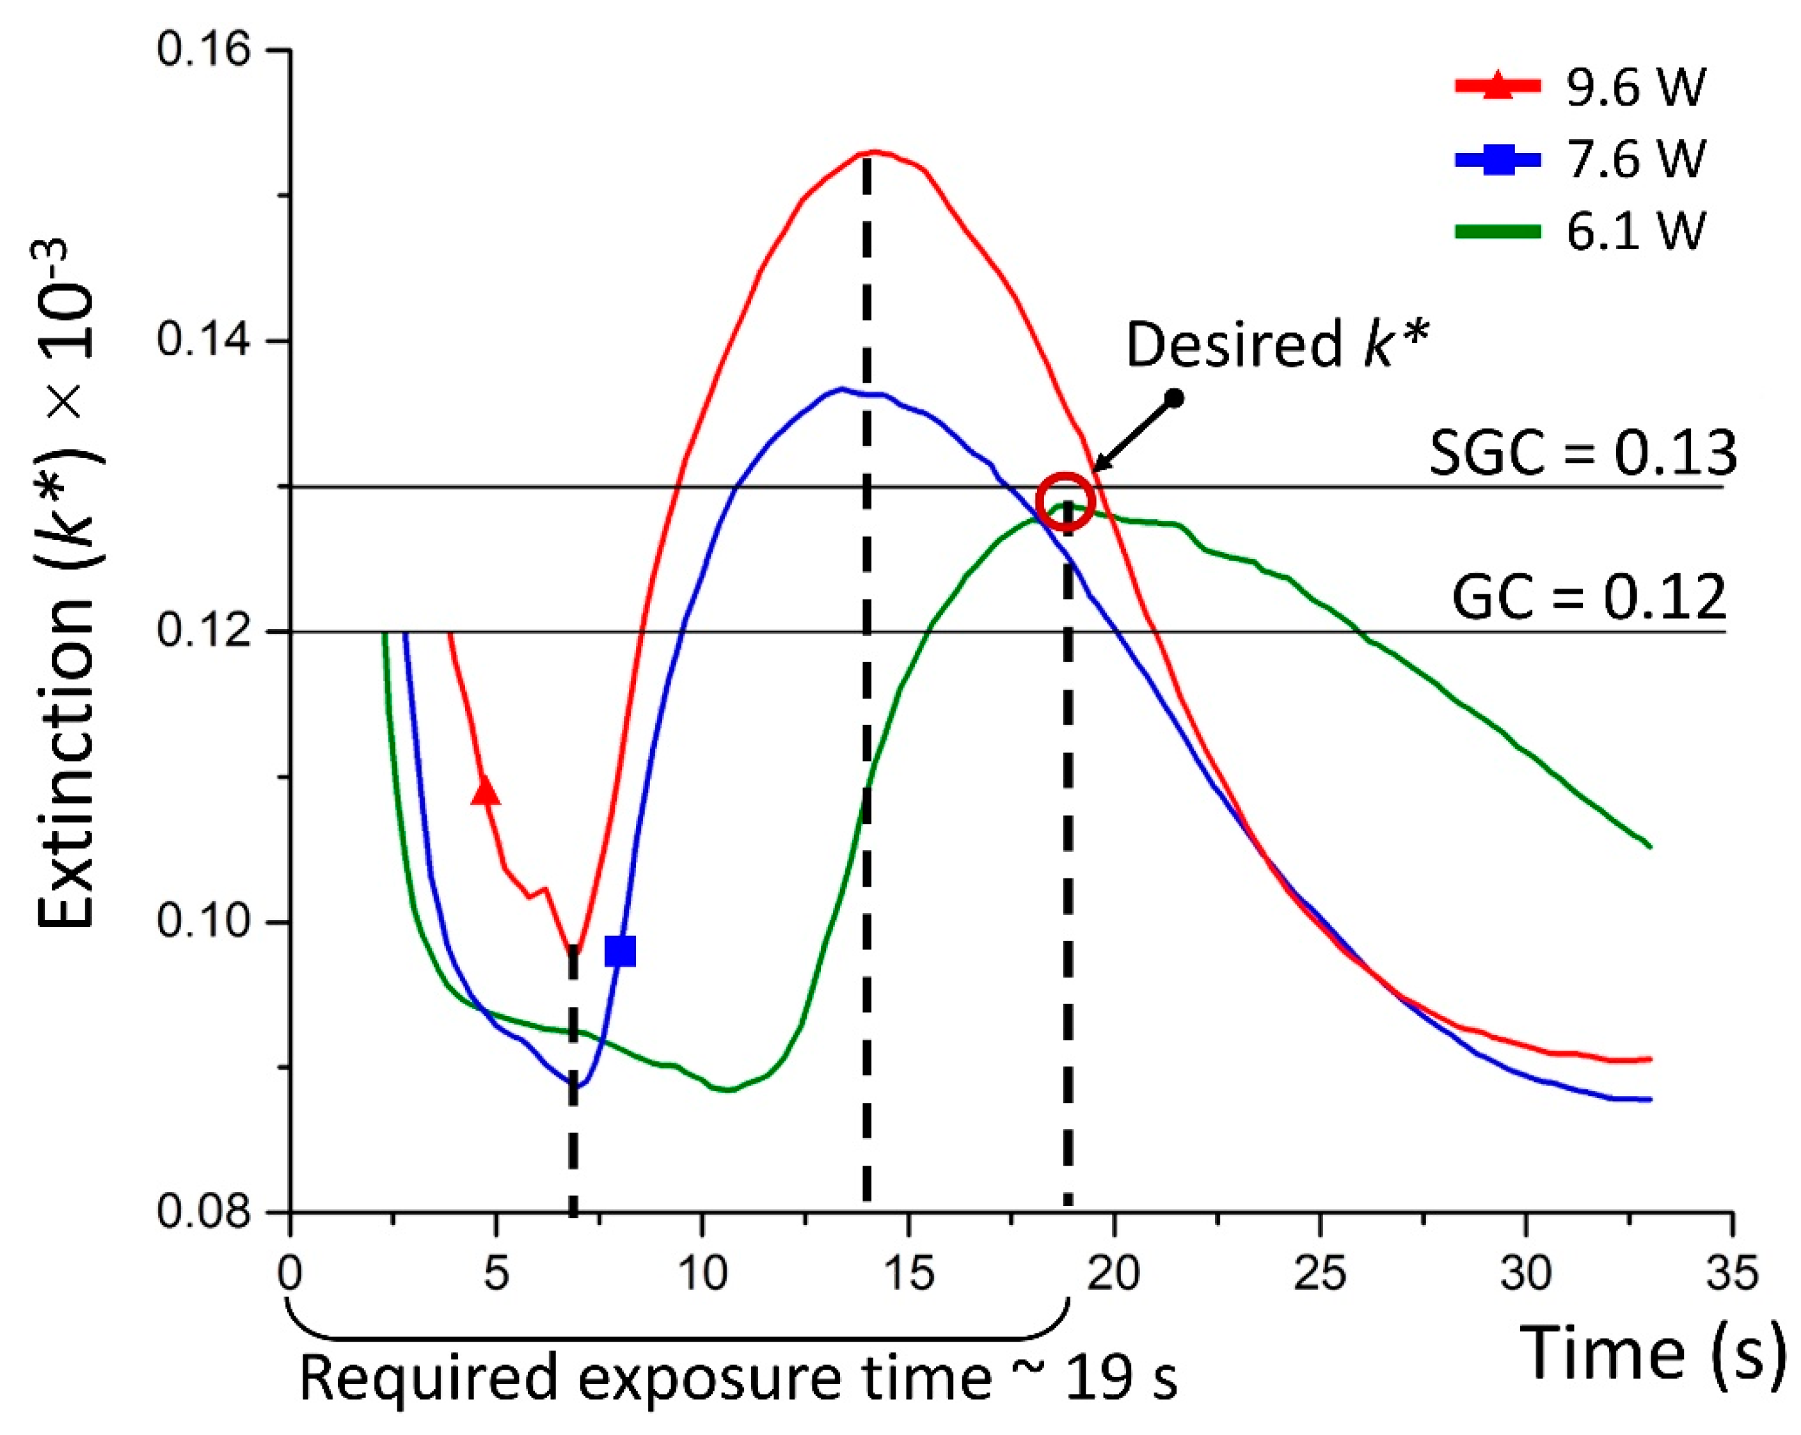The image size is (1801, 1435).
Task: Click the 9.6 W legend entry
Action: tap(1579, 87)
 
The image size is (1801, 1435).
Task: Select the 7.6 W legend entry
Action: tap(1579, 158)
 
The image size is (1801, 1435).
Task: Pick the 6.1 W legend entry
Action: tap(1579, 230)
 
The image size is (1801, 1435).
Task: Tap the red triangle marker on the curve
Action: tap(486, 791)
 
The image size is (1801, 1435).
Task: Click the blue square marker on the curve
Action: tap(620, 951)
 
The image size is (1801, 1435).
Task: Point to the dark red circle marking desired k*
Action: tap(1065, 501)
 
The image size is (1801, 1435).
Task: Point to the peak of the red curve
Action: tap(874, 152)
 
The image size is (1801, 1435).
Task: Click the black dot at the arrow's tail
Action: tap(1175, 399)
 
